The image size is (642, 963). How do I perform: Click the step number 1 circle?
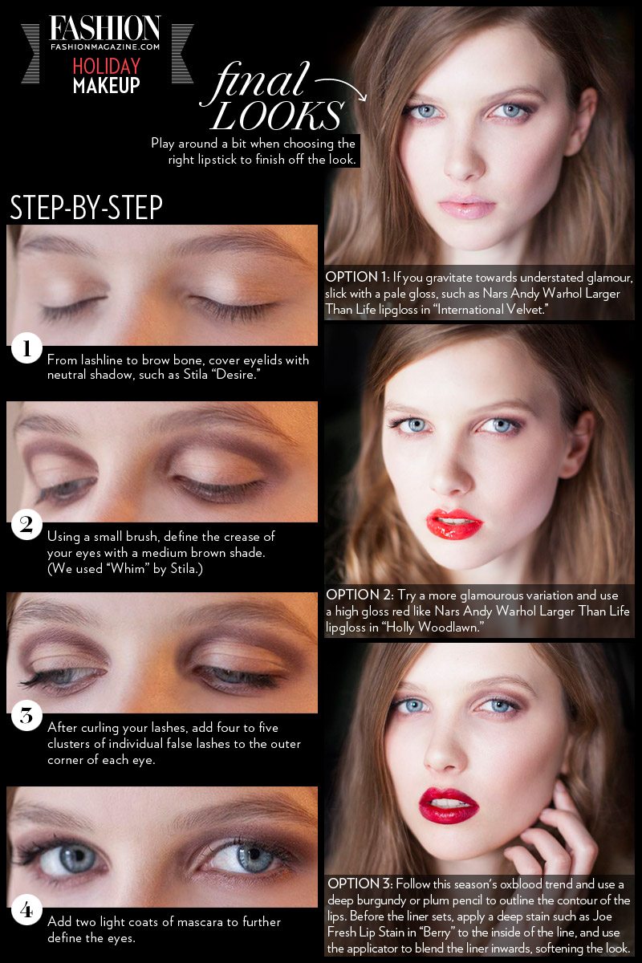coord(26,347)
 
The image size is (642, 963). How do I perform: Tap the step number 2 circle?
coord(26,525)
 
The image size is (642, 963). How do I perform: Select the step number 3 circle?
coord(26,716)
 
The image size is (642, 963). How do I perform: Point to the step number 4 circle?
coord(26,910)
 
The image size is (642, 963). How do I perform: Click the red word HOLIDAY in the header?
coord(106,66)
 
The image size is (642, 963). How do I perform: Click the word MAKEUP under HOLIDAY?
coord(106,86)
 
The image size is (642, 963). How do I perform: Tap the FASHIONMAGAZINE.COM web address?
coord(105,47)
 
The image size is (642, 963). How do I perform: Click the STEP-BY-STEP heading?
coord(86,208)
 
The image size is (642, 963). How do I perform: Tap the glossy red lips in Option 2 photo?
coord(454,523)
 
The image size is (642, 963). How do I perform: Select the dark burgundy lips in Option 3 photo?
coord(448,806)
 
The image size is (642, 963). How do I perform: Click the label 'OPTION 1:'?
coord(357,278)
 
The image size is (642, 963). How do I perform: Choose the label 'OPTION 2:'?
coord(360,595)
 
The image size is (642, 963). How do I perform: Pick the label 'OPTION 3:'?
coord(360,884)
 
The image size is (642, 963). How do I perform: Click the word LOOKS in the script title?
coord(278,116)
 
